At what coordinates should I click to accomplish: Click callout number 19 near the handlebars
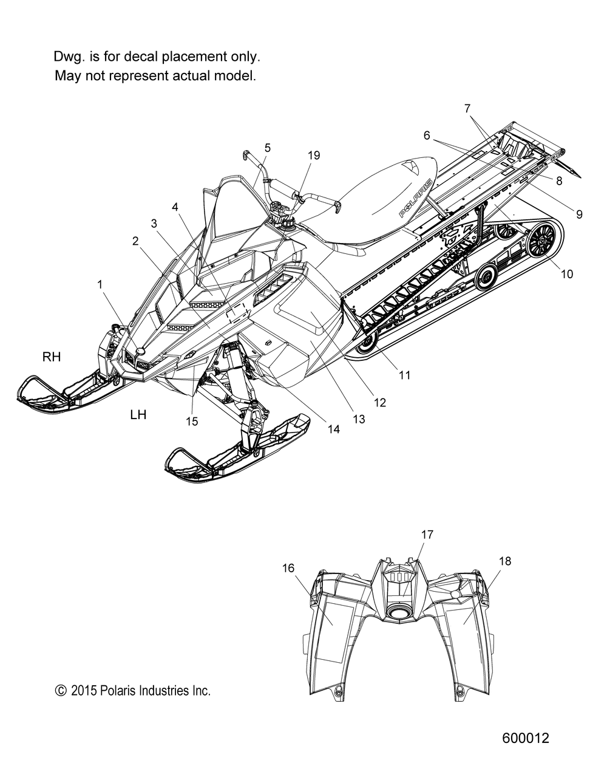tap(314, 155)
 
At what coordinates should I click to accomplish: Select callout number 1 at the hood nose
tap(100, 285)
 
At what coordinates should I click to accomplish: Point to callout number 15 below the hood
tap(192, 421)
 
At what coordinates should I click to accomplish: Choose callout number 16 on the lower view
tap(288, 568)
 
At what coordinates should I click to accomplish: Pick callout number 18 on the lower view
tap(505, 561)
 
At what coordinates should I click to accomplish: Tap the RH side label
tap(52, 357)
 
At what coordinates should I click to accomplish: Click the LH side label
tap(138, 414)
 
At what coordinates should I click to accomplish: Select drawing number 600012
tap(526, 738)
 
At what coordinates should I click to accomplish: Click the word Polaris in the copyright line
tap(118, 691)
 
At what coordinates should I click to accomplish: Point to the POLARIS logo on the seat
tap(416, 198)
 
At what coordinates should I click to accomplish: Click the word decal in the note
tap(142, 56)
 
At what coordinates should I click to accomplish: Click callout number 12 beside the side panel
tap(380, 403)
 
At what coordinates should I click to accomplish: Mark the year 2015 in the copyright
tap(84, 691)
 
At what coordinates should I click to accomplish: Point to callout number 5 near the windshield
tap(268, 148)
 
